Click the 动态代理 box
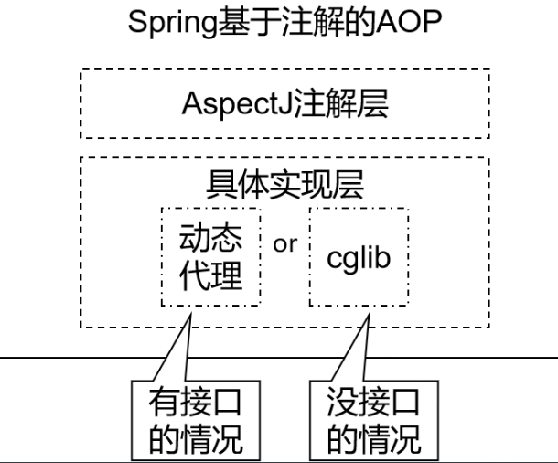pos(211,257)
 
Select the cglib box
pos(359,257)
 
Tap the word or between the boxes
pos(285,243)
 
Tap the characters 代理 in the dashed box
pos(211,275)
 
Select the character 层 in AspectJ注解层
pos(372,104)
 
